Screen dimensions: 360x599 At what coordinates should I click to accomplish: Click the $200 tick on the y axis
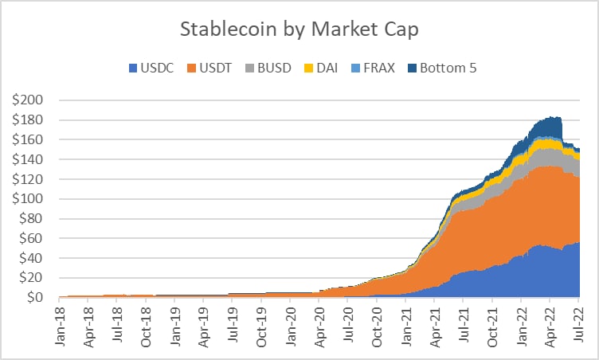(34, 101)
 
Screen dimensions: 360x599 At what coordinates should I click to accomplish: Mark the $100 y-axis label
(34, 199)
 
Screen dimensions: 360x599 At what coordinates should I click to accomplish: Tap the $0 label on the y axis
(40, 298)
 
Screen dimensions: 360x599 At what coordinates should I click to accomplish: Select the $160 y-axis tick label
(34, 140)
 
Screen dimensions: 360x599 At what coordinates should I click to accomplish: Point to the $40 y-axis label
(37, 258)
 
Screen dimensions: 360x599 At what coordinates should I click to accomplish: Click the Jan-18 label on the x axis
(61, 322)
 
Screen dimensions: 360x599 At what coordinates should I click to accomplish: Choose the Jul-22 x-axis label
(577, 322)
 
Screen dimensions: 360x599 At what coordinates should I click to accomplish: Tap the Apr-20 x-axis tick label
(319, 322)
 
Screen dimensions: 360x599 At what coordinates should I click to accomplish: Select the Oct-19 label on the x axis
(262, 322)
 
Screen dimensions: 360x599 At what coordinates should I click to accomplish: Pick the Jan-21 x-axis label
(405, 322)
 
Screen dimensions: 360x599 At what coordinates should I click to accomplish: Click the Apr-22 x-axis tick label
(549, 322)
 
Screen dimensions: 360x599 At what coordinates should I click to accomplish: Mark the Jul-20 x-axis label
(348, 322)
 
